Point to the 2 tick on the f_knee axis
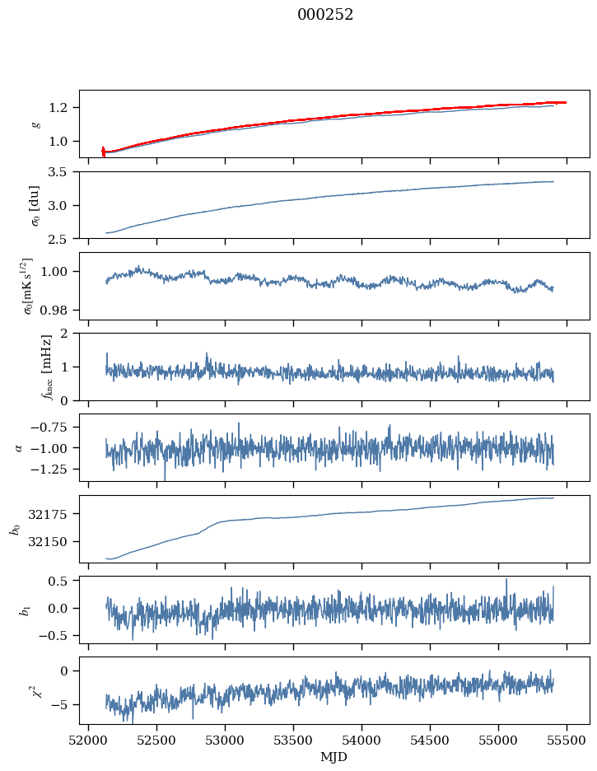click(70, 334)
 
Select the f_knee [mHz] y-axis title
click(24, 367)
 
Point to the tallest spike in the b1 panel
click(506, 579)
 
